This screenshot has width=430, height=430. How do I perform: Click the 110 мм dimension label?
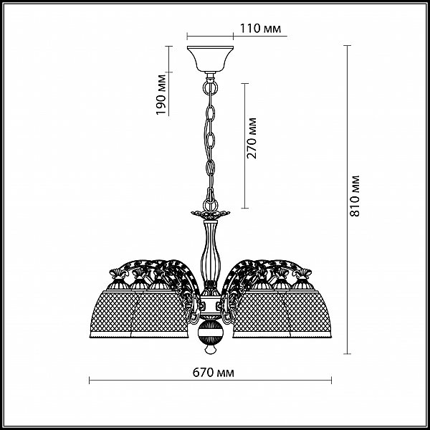pos(261,28)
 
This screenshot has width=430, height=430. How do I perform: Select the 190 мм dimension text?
pos(161,95)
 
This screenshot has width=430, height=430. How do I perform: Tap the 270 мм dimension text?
pos(252,138)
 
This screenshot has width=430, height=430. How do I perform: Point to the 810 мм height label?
pos(355,196)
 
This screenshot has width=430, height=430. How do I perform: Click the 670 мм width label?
pos(214,373)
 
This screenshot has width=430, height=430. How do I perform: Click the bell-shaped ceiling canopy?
pos(210,59)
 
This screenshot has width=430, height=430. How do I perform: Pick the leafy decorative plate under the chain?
pos(211,214)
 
